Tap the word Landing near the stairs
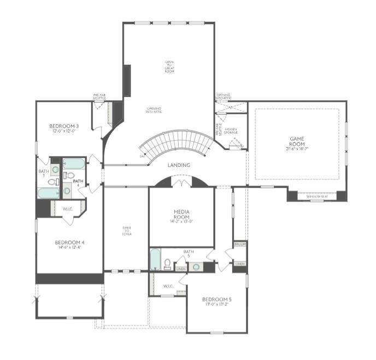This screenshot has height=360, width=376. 179,165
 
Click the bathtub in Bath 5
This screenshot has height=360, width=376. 155,259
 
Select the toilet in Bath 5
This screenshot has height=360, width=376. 168,264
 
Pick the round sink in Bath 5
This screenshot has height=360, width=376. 196,267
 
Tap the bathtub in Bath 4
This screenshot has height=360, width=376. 73,163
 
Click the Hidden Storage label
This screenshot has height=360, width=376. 231,131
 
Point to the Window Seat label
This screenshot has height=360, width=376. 317,196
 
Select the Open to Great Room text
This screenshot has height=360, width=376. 169,67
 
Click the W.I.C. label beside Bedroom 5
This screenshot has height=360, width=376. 168,286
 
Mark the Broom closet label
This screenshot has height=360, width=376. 239,244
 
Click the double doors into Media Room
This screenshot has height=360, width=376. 181,183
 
